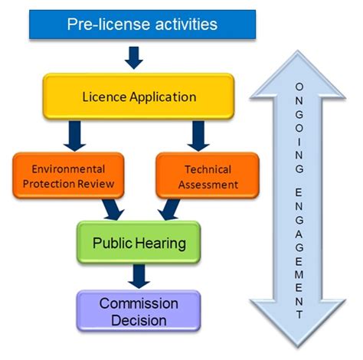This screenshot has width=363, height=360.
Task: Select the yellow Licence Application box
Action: point(139,97)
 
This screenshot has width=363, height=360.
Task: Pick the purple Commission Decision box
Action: point(138,310)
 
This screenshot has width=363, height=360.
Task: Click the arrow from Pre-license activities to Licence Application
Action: point(134,57)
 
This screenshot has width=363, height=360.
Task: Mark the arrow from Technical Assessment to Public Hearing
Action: point(168,208)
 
